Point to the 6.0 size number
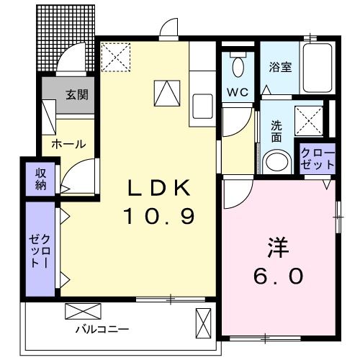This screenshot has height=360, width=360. coord(277,275)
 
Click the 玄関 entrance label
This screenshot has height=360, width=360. coord(77,94)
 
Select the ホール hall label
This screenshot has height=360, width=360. coord(68,144)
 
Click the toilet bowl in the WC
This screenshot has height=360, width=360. coord(239,67)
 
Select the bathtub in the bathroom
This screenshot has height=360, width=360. coord(317,68)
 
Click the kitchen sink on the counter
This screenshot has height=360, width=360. coord(201,106)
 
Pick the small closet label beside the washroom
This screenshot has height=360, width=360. coord(318,158)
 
